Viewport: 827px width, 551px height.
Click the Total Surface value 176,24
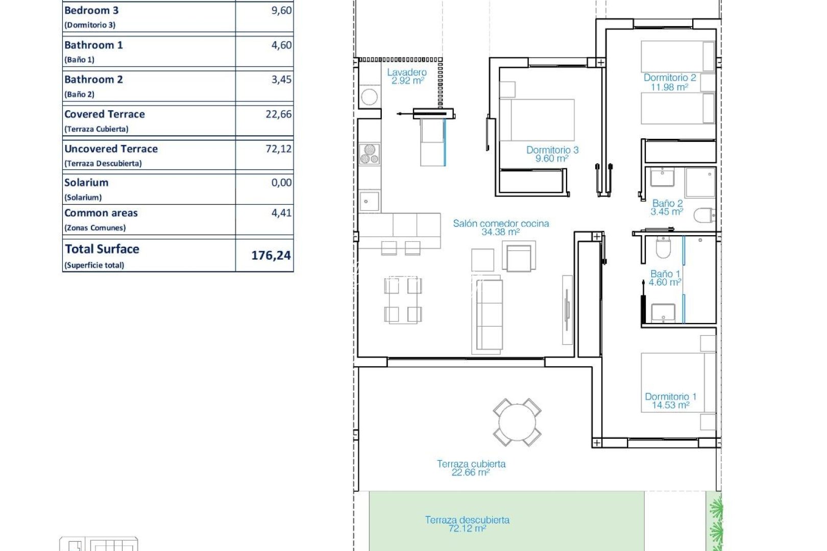pyautogui.click(x=271, y=255)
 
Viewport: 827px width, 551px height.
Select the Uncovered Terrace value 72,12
pyautogui.click(x=278, y=149)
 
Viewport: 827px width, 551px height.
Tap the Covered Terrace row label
pyautogui.click(x=105, y=114)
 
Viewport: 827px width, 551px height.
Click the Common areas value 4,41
pyautogui.click(x=281, y=213)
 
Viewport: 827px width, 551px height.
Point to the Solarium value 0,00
pyautogui.click(x=281, y=183)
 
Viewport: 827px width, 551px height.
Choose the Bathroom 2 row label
pyautogui.click(x=93, y=80)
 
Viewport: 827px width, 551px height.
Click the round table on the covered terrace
pyautogui.click(x=517, y=422)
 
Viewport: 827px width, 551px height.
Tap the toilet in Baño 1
pyautogui.click(x=663, y=248)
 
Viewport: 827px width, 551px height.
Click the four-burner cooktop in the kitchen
pyautogui.click(x=369, y=154)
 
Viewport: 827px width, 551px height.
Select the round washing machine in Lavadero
pyautogui.click(x=369, y=96)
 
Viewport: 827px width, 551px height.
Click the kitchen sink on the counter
pyautogui.click(x=369, y=201)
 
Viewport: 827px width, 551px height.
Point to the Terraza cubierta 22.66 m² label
pyautogui.click(x=471, y=468)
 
